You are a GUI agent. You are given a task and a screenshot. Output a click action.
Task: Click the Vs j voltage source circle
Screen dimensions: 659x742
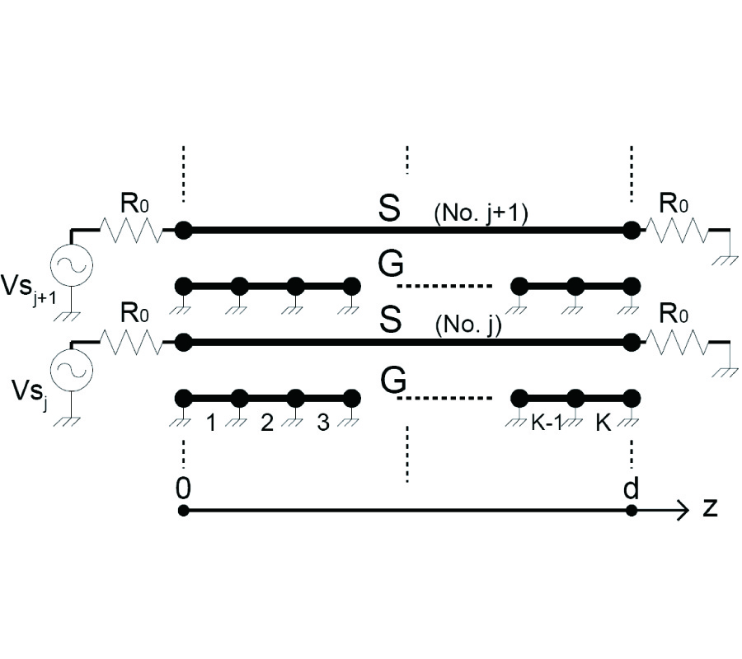(73, 373)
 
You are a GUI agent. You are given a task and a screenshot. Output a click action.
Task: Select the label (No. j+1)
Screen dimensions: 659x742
(480, 216)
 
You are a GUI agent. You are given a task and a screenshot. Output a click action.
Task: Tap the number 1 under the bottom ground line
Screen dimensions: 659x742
(211, 423)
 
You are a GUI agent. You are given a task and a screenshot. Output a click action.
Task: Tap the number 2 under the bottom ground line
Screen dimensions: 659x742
(266, 423)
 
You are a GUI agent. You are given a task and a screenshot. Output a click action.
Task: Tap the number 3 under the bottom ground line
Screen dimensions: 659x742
(322, 423)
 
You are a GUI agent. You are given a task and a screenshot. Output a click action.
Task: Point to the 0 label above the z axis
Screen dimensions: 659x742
(183, 488)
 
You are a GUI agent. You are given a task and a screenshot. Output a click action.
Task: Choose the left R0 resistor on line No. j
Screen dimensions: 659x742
(132, 340)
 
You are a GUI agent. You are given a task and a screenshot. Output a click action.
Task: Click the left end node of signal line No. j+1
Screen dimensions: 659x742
(184, 231)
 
